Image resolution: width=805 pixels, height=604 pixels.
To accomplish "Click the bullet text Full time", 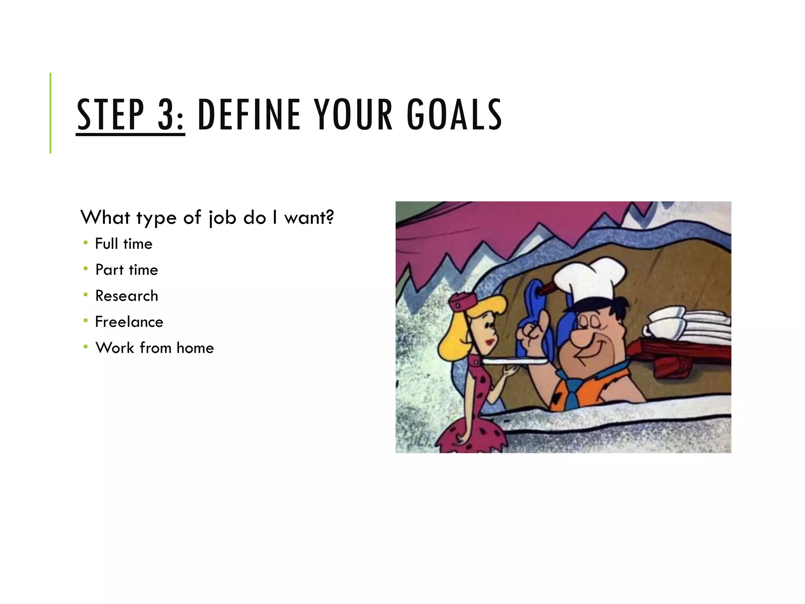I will [123, 244].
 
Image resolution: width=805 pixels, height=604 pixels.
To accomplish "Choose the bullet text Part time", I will [127, 270].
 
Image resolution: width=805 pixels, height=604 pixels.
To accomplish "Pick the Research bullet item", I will [127, 296].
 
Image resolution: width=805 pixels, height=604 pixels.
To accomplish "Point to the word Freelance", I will [129, 322].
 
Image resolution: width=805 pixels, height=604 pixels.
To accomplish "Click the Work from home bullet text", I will [154, 348].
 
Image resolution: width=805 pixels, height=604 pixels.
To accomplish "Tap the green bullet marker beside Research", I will [85, 295].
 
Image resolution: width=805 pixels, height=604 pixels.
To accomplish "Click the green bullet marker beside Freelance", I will [85, 320].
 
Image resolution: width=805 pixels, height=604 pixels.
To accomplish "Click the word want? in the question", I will [309, 217].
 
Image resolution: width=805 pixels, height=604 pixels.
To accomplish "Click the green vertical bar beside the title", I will [50, 113].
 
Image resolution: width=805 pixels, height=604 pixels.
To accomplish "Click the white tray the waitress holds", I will [515, 361].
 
